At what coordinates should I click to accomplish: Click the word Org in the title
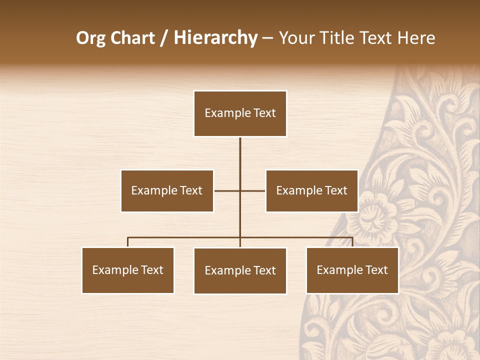tap(90, 38)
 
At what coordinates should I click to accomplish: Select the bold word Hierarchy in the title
tap(215, 38)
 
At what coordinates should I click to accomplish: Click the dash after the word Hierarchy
tap(268, 38)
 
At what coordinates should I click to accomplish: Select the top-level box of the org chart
tap(240, 113)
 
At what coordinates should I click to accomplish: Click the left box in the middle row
tap(167, 190)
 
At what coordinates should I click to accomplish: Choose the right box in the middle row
tap(311, 190)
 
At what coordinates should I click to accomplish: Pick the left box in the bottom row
tap(128, 270)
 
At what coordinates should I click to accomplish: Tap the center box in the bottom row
tap(240, 270)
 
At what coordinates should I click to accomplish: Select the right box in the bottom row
tap(352, 270)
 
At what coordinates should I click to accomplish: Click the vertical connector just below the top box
tap(240, 155)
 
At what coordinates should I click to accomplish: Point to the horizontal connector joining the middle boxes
tap(227, 190)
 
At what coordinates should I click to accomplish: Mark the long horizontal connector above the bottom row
tap(185, 237)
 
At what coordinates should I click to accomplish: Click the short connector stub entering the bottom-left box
tap(128, 242)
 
